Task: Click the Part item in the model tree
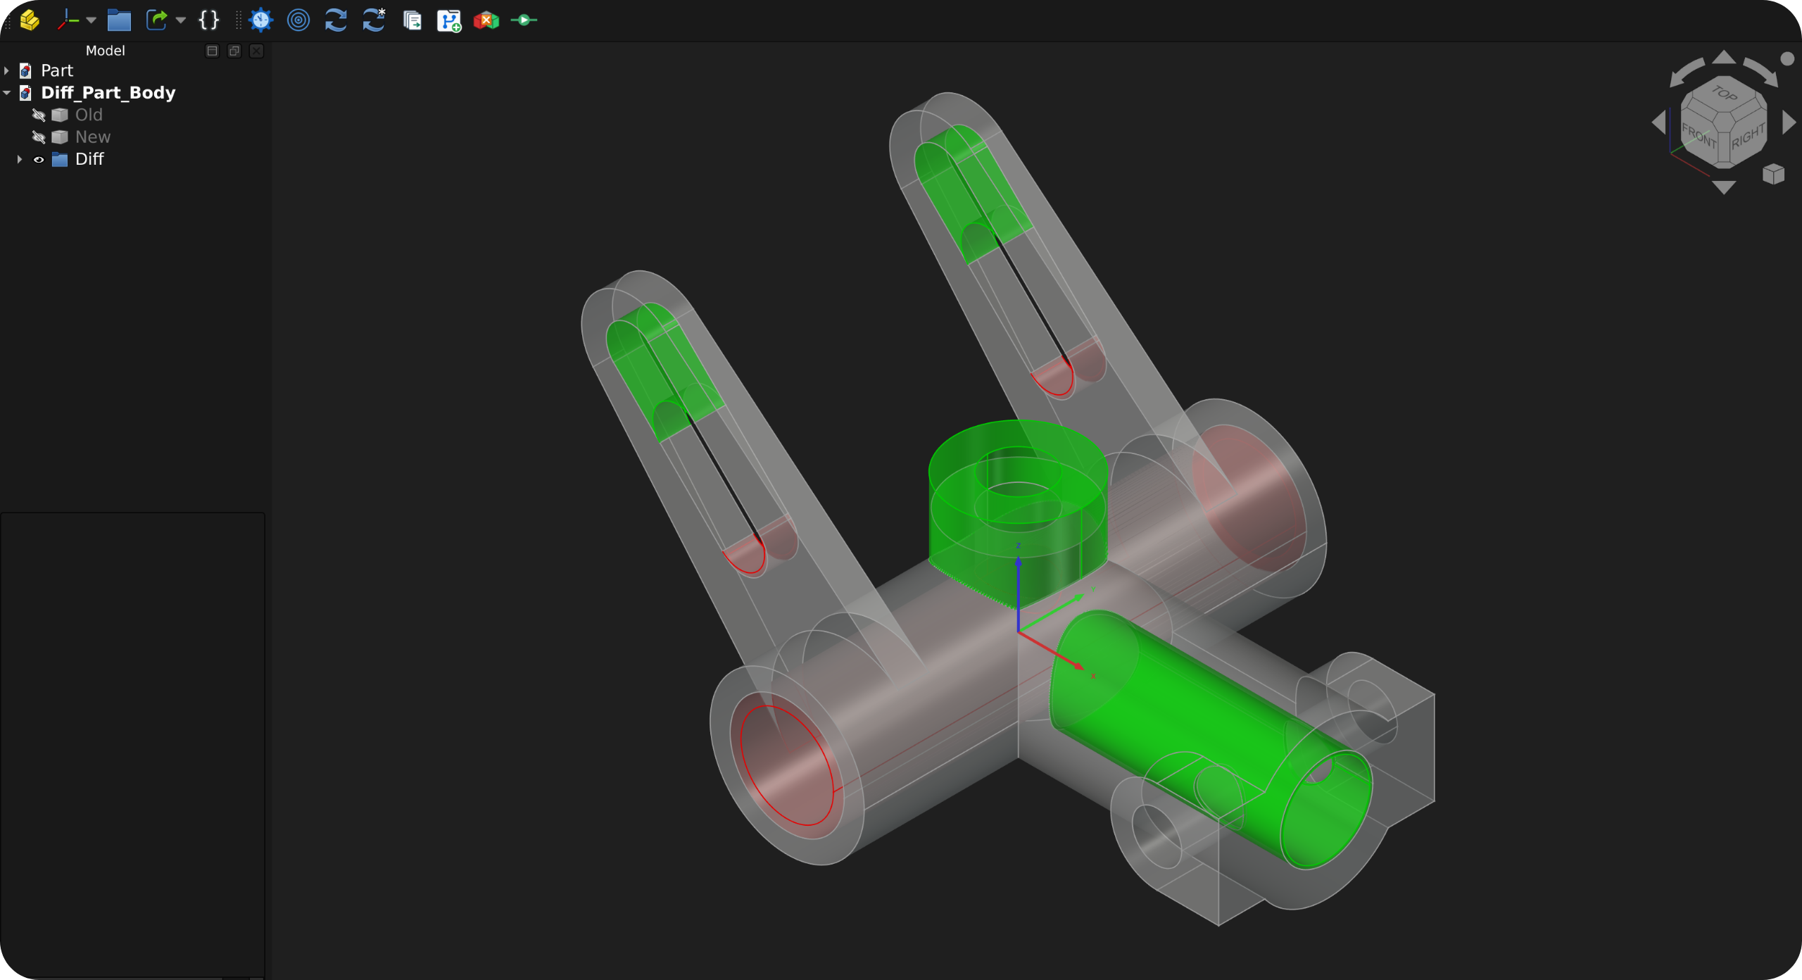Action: (56, 70)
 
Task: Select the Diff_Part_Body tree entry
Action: (108, 92)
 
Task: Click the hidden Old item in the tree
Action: (89, 115)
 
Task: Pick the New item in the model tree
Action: (93, 137)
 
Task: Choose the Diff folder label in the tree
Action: (89, 159)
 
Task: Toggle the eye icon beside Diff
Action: (39, 160)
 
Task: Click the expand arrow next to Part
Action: (7, 70)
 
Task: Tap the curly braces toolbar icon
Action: (209, 20)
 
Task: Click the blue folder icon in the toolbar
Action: (119, 20)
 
